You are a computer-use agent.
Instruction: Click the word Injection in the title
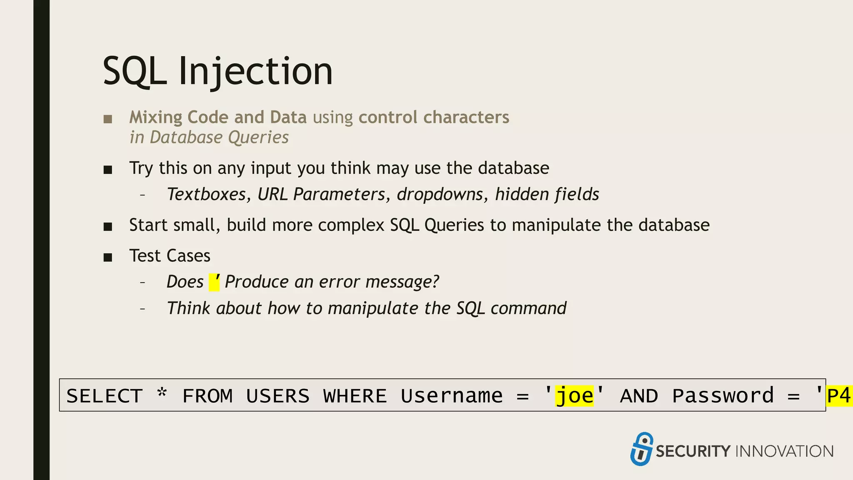(x=255, y=71)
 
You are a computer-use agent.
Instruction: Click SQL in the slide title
(x=134, y=71)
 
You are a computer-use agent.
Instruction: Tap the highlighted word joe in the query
(x=574, y=395)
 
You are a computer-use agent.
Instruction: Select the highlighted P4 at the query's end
(x=839, y=395)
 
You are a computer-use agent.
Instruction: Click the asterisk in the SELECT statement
(x=162, y=393)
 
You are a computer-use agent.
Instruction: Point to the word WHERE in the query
(x=355, y=396)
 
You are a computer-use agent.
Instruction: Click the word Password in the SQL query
(x=723, y=396)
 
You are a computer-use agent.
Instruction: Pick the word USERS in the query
(x=278, y=396)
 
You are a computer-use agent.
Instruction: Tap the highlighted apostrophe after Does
(x=214, y=282)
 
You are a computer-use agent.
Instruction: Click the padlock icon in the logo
(x=641, y=449)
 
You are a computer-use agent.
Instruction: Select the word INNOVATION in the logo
(x=785, y=451)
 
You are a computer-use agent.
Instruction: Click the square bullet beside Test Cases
(x=108, y=257)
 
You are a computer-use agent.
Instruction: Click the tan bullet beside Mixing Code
(x=108, y=119)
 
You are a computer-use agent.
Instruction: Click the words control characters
(x=434, y=117)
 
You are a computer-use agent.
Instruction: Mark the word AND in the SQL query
(x=639, y=396)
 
